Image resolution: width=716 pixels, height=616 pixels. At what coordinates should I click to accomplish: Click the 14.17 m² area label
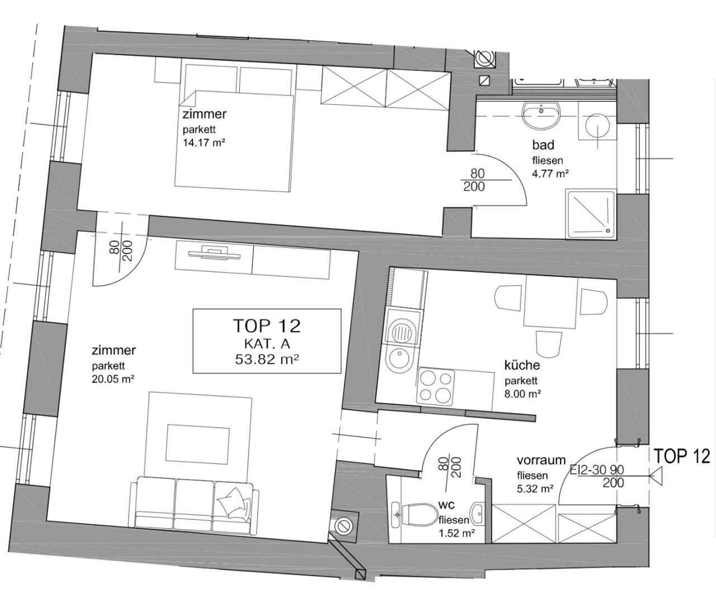click(x=204, y=143)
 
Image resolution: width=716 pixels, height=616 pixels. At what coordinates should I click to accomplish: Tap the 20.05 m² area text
click(x=113, y=379)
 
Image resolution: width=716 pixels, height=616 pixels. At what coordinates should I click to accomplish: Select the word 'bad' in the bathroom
click(x=543, y=145)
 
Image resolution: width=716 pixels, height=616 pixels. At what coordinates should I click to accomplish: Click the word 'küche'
click(x=522, y=365)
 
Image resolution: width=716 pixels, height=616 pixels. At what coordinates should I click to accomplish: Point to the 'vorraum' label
click(x=541, y=460)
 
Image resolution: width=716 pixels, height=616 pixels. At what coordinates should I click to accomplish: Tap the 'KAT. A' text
click(x=267, y=344)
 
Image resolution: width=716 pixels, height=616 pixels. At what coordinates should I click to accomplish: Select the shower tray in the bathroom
click(x=591, y=213)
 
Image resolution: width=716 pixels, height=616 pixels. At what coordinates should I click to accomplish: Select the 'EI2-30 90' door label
click(x=597, y=470)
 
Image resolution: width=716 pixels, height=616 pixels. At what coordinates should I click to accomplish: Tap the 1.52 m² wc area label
click(x=456, y=533)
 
